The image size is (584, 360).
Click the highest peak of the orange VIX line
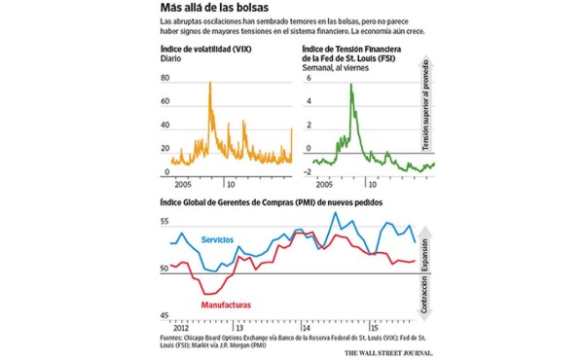pyautogui.click(x=211, y=85)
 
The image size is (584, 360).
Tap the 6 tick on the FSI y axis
pyautogui.click(x=308, y=76)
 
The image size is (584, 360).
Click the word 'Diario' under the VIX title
pyautogui.click(x=170, y=60)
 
